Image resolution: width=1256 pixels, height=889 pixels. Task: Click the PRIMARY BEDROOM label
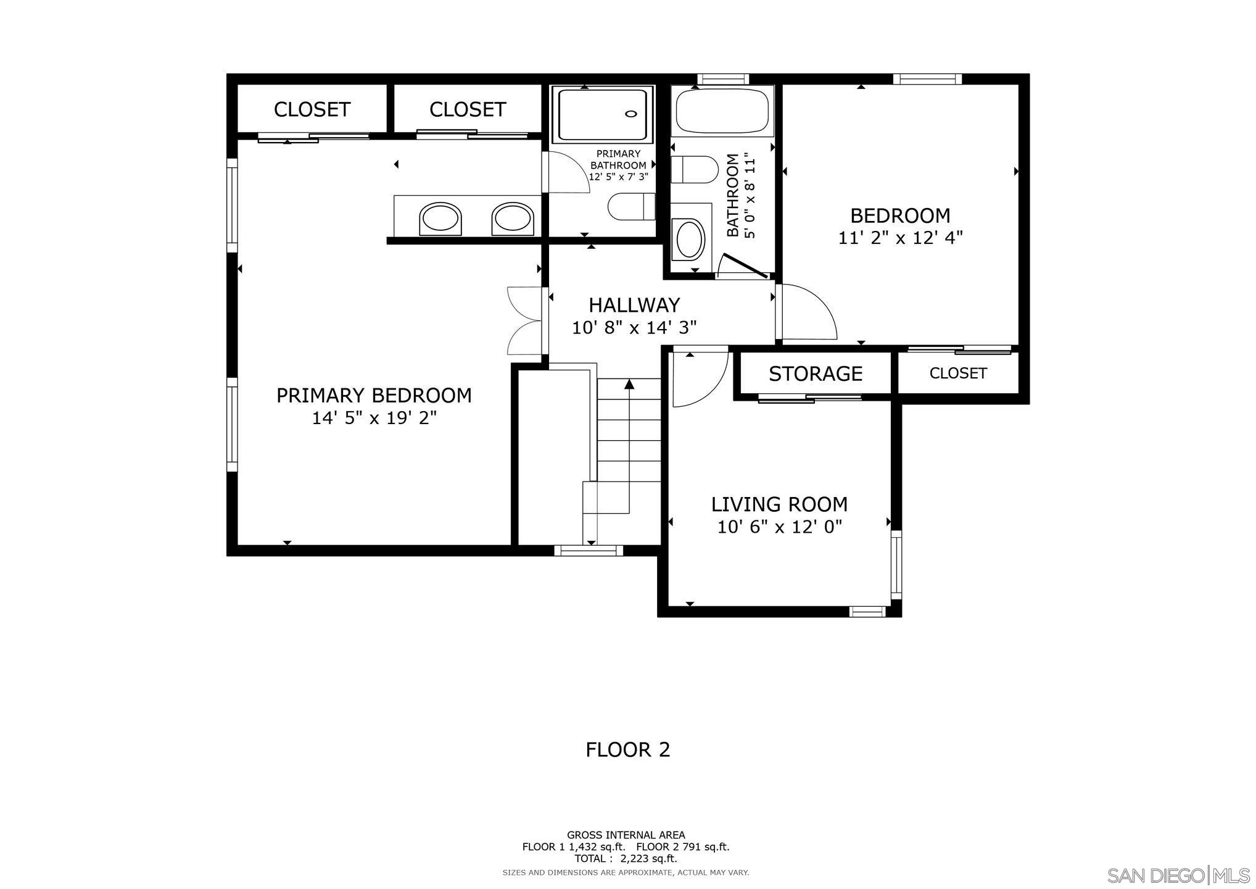tap(374, 395)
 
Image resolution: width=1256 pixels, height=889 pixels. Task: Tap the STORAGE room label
tap(815, 374)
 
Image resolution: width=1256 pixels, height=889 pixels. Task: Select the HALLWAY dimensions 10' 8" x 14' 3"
tap(634, 328)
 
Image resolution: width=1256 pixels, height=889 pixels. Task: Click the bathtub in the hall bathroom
tap(721, 111)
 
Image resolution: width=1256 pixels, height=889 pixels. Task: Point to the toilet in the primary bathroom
tap(631, 206)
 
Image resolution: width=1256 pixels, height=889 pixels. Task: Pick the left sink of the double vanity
tap(440, 219)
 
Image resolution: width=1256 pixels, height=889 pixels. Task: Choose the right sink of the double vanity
tap(512, 219)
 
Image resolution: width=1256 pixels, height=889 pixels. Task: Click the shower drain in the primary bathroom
tap(630, 114)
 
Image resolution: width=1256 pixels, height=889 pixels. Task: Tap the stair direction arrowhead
tap(629, 384)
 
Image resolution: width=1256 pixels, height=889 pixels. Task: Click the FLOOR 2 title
tap(627, 749)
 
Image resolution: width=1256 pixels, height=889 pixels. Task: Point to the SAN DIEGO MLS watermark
tap(1178, 875)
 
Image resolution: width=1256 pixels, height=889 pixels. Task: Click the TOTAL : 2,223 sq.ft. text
tap(626, 858)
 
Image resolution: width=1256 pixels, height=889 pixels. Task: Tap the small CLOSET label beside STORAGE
tap(957, 374)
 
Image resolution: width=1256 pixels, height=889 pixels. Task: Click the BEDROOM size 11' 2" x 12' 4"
tap(900, 238)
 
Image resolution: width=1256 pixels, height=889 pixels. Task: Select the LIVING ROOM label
tap(779, 504)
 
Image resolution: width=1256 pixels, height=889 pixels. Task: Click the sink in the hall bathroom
tap(690, 240)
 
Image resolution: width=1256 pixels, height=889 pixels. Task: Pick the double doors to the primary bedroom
tap(524, 321)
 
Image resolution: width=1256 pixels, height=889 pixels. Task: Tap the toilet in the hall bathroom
tap(695, 169)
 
